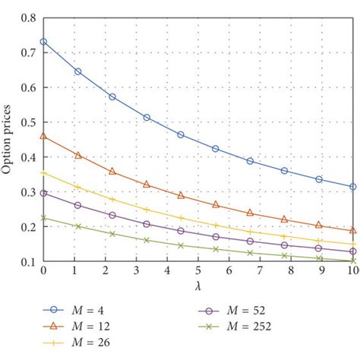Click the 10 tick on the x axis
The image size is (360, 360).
coord(352,271)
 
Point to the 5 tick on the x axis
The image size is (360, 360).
coord(197,271)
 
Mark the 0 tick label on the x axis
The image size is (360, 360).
coord(43,271)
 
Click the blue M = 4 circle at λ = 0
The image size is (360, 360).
coord(43,42)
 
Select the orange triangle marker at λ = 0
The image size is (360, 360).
coord(43,136)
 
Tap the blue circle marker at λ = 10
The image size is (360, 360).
coord(352,187)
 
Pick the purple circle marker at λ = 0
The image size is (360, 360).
coord(43,193)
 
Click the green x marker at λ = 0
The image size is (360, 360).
coord(43,218)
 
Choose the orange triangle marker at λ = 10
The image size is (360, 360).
coord(352,231)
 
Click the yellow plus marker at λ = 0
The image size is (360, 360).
coord(43,173)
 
